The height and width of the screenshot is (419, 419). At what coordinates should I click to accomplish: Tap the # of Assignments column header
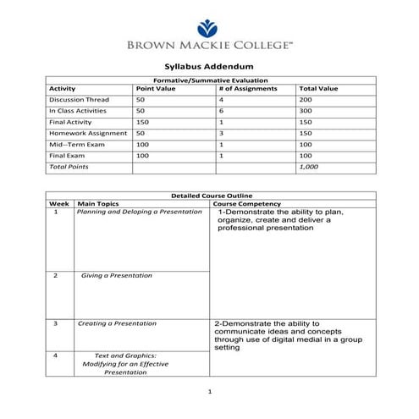pyautogui.click(x=247, y=88)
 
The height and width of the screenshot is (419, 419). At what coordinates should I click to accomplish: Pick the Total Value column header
pyautogui.click(x=318, y=88)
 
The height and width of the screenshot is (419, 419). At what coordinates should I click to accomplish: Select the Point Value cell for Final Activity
pyautogui.click(x=142, y=122)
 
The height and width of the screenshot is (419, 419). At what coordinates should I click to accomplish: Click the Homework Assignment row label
pyautogui.click(x=87, y=133)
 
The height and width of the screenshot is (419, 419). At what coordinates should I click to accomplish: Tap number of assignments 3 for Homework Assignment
pyautogui.click(x=221, y=133)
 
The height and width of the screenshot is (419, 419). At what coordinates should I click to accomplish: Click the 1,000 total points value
pyautogui.click(x=309, y=168)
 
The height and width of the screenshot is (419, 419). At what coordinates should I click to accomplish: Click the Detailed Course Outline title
pyautogui.click(x=209, y=196)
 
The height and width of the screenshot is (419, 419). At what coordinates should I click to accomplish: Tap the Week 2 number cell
pyautogui.click(x=55, y=276)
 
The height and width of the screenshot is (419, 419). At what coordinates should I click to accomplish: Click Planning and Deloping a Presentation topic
pyautogui.click(x=139, y=212)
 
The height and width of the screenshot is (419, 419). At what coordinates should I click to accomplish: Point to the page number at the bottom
pyautogui.click(x=209, y=391)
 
